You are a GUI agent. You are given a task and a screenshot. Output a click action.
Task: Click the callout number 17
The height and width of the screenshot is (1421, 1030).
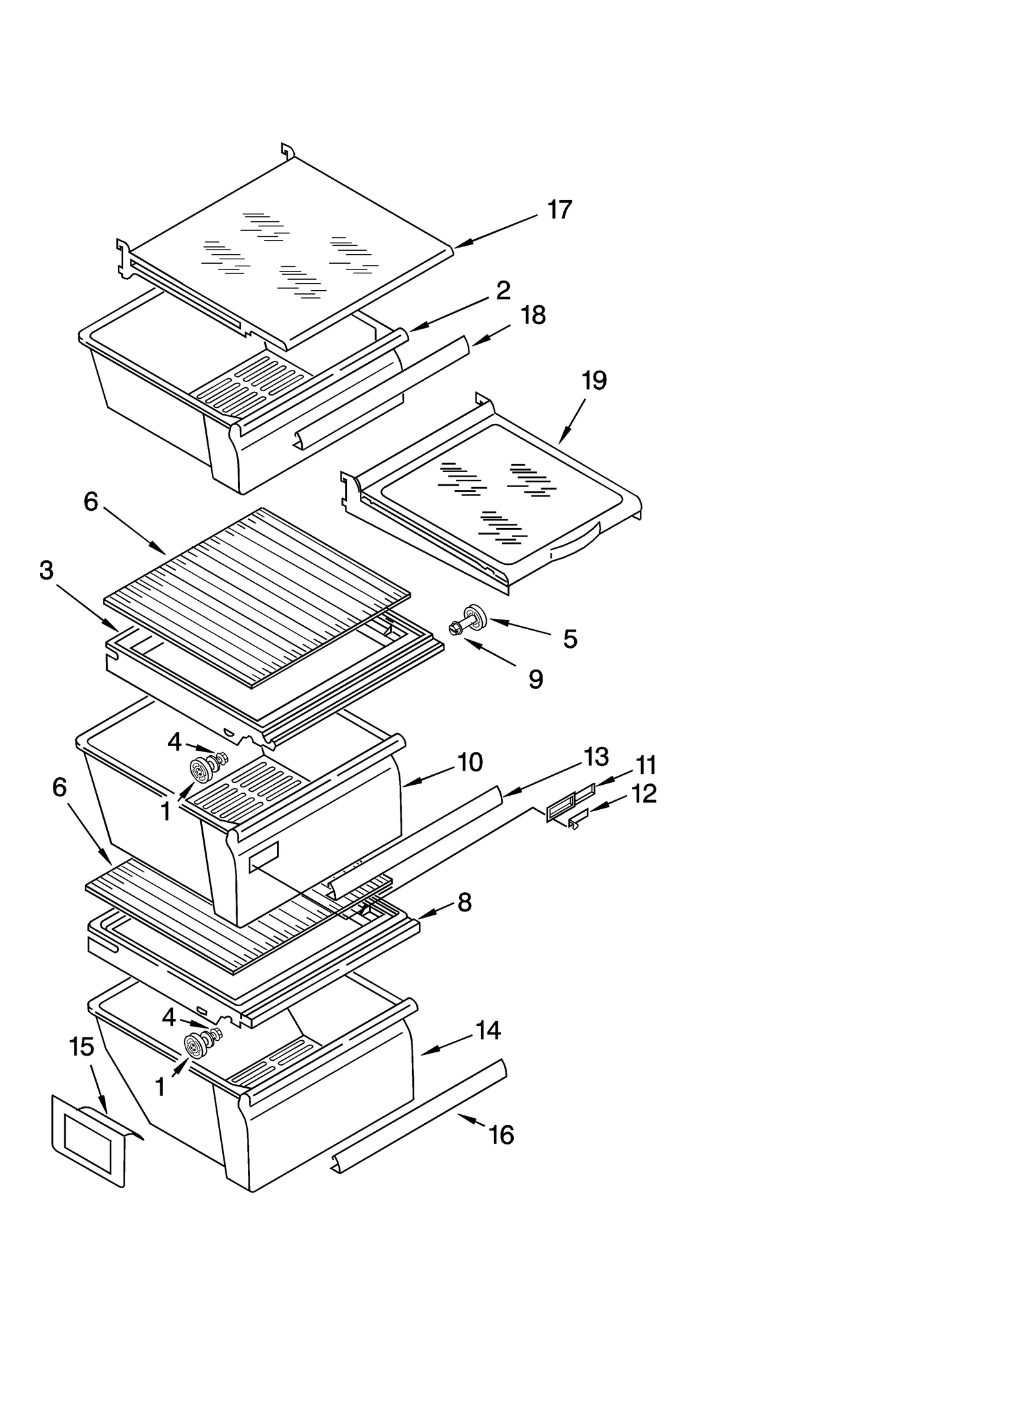tap(559, 210)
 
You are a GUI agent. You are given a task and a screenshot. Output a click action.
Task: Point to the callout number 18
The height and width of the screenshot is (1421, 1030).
tap(533, 315)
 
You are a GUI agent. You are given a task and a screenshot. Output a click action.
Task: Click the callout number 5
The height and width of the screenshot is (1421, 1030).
tap(570, 639)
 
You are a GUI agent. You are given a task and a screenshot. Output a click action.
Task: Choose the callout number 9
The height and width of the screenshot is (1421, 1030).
tap(536, 679)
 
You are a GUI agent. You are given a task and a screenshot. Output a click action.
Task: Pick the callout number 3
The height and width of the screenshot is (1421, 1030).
tap(46, 570)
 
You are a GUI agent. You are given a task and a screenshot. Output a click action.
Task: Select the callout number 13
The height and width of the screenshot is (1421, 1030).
tap(596, 756)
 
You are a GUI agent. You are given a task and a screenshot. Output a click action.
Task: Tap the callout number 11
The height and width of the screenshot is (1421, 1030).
tap(646, 766)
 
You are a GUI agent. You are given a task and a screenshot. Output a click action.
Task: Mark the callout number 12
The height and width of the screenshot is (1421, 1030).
tap(644, 793)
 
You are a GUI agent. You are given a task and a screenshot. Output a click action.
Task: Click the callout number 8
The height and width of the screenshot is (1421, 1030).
tap(464, 903)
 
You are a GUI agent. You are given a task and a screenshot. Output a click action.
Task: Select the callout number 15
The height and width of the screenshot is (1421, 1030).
tap(82, 1047)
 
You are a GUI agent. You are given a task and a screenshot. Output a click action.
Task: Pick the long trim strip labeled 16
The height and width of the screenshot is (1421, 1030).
tap(418, 1115)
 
